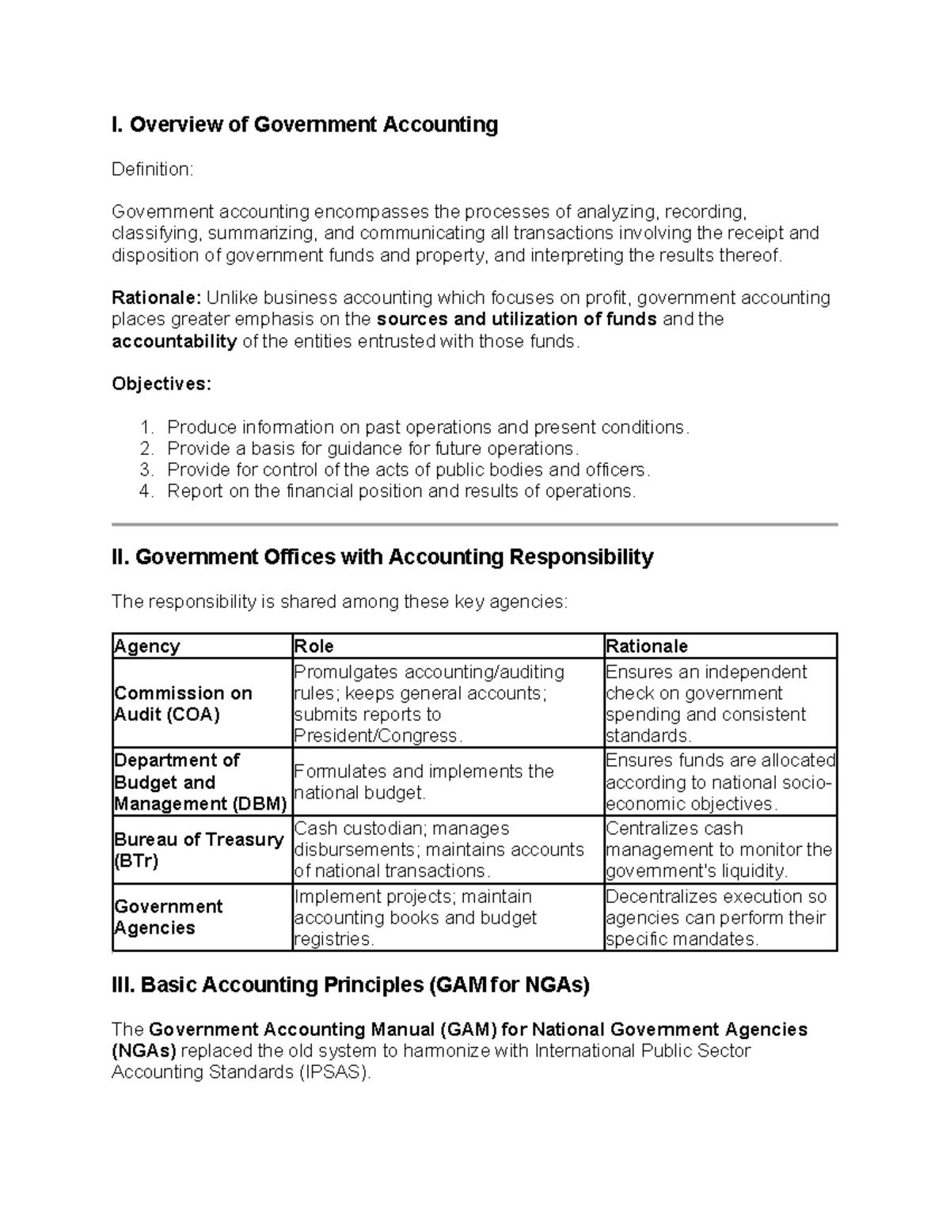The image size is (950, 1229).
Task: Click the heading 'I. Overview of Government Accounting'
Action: coord(305,125)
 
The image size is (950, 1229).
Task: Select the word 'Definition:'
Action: coord(152,169)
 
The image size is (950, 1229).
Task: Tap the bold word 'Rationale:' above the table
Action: coord(157,298)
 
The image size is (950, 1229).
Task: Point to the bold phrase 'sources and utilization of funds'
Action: coord(517,319)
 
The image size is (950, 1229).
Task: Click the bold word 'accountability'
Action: coord(174,341)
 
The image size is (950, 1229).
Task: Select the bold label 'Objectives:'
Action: coord(161,384)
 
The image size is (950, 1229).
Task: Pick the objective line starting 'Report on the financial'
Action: coord(401,491)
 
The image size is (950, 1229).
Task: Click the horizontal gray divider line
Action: coord(474,524)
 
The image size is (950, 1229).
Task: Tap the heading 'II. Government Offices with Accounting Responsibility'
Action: coord(382,557)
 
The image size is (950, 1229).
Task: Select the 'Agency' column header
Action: coord(147,647)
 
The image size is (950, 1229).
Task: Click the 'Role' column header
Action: coord(314,647)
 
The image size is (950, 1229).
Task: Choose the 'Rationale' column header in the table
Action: coord(647,647)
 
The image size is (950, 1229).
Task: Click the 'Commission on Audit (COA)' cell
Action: coord(183,704)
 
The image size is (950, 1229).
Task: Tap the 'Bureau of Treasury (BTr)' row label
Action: coord(199,850)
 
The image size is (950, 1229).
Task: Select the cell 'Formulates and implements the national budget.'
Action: coord(424,782)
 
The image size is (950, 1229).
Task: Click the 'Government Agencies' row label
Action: coord(168,917)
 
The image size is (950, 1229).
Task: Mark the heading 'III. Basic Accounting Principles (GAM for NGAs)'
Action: coord(351,985)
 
